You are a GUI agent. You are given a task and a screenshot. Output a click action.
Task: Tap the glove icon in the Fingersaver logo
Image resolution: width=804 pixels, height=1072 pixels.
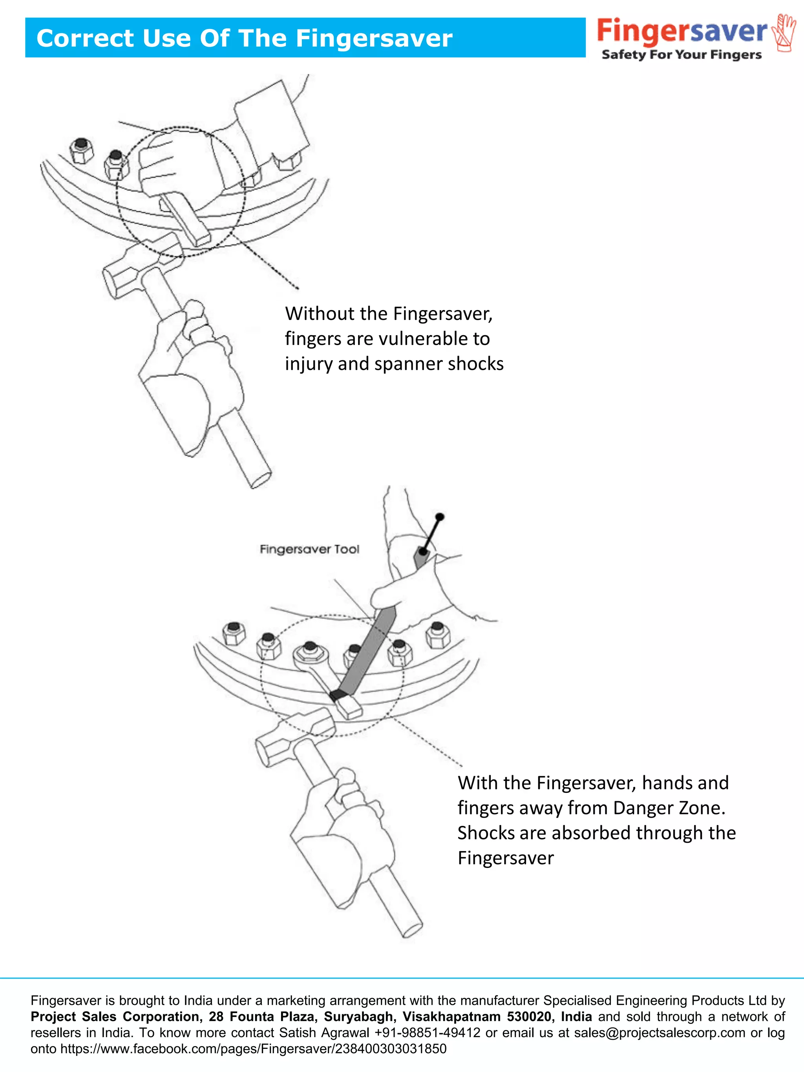(x=784, y=33)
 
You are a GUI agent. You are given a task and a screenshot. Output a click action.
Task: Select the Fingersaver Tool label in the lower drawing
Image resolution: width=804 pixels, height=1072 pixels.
(x=309, y=549)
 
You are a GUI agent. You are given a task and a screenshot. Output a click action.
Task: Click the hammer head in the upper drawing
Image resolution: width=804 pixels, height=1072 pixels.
(x=141, y=269)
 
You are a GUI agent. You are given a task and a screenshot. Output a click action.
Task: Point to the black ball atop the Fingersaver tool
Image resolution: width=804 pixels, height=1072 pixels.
(x=440, y=517)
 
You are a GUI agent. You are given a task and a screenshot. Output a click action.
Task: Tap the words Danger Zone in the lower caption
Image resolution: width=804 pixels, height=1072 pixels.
(x=669, y=807)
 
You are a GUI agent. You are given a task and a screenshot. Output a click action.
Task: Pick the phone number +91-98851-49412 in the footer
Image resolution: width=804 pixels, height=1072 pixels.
(x=427, y=1032)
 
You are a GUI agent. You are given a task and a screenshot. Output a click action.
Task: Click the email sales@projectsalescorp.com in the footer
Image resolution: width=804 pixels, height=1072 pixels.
(x=659, y=1032)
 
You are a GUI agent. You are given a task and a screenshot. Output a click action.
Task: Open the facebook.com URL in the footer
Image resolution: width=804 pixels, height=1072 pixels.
(x=253, y=1049)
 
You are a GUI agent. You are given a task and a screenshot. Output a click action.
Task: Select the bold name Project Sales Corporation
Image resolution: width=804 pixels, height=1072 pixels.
(x=116, y=1016)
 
